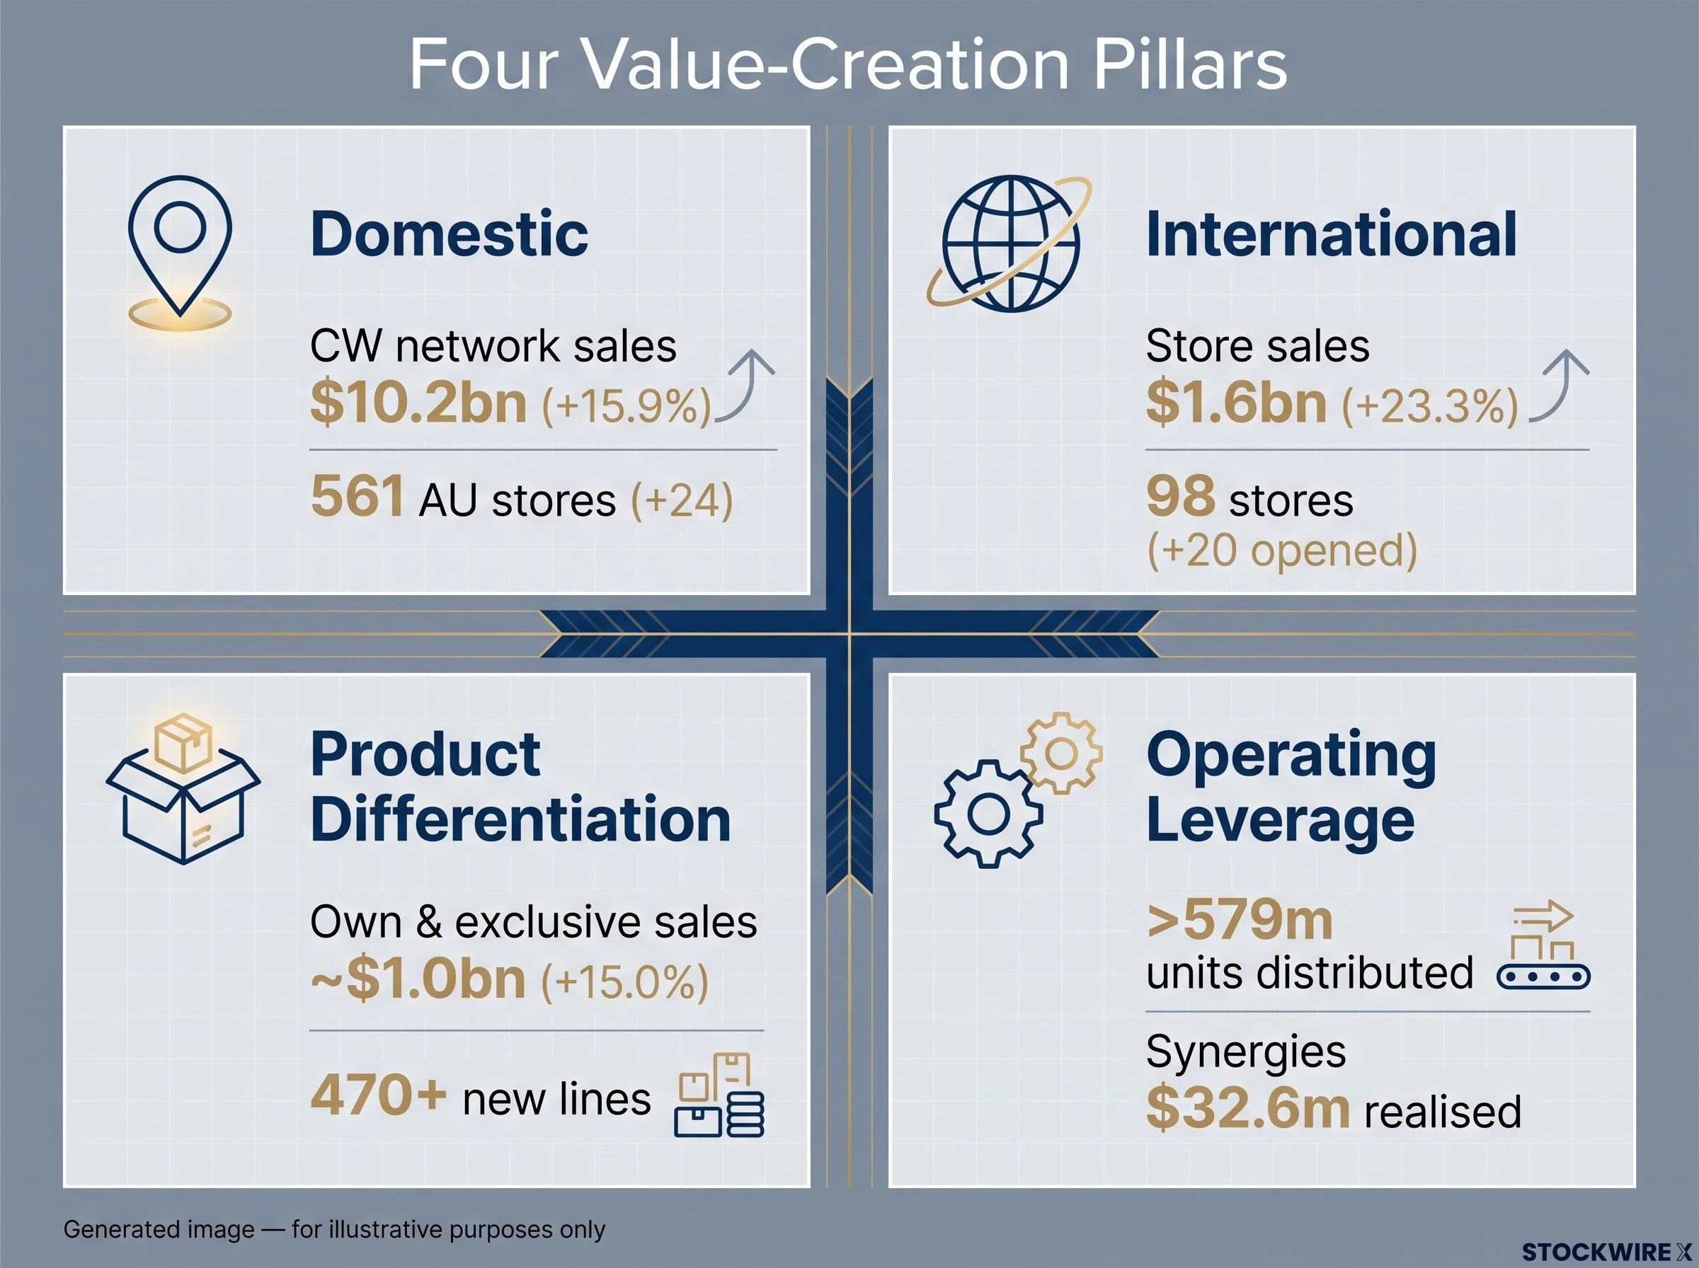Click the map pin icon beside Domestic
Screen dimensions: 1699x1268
(180, 253)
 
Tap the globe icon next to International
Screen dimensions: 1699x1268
(1010, 244)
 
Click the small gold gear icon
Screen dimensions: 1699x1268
(1062, 754)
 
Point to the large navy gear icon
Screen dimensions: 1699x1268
(989, 814)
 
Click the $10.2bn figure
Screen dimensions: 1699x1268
(418, 402)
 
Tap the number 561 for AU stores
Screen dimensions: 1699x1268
(357, 496)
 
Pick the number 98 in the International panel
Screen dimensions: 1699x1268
(1180, 496)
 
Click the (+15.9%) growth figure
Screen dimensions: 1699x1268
(627, 405)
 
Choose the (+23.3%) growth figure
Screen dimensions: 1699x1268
(1429, 405)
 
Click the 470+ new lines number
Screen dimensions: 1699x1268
(379, 1094)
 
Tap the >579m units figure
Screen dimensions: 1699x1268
(1239, 920)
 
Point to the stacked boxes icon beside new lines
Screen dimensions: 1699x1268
(719, 1095)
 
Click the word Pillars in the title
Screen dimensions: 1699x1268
(1190, 64)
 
